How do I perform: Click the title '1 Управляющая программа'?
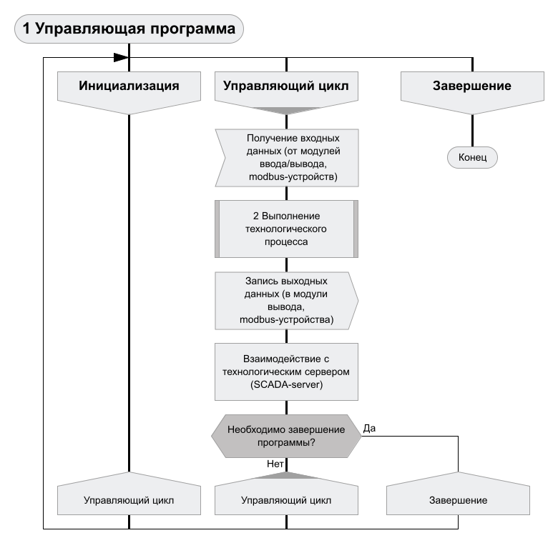point(129,29)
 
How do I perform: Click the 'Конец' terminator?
point(472,157)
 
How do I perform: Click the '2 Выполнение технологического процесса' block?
point(286,229)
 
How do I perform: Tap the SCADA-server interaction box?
point(286,372)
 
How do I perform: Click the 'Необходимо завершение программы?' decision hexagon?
point(286,436)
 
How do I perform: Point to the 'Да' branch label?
point(370,429)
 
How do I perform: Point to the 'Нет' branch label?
point(276,463)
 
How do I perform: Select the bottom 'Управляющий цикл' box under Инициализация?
point(128,500)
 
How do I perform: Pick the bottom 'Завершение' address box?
point(457,500)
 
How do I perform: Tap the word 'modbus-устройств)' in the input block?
point(286,175)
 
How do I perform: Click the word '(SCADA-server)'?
point(286,384)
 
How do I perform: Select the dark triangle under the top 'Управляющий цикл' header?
point(286,110)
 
